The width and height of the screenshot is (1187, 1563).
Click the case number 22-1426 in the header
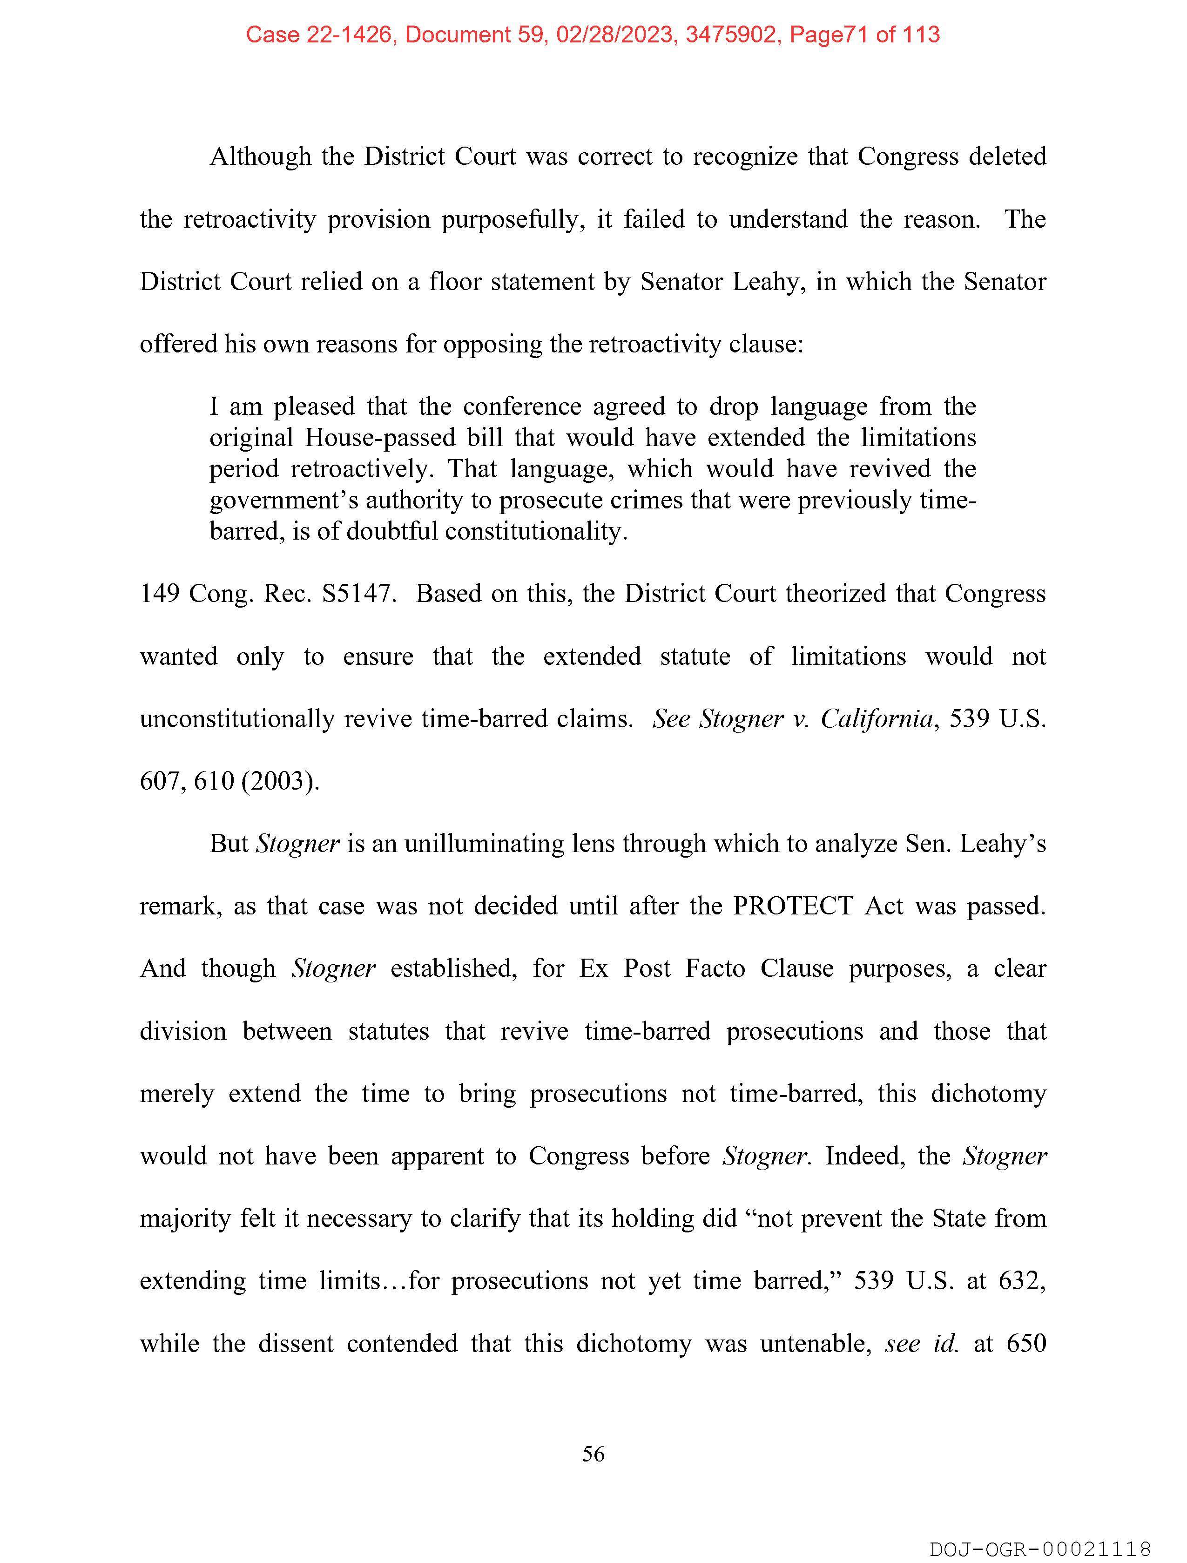pos(349,34)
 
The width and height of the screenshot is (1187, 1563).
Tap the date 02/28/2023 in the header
pos(614,34)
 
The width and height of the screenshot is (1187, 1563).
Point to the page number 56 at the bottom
pos(593,1454)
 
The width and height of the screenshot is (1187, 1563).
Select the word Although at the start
pos(260,156)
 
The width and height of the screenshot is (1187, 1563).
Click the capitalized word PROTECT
pos(793,906)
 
